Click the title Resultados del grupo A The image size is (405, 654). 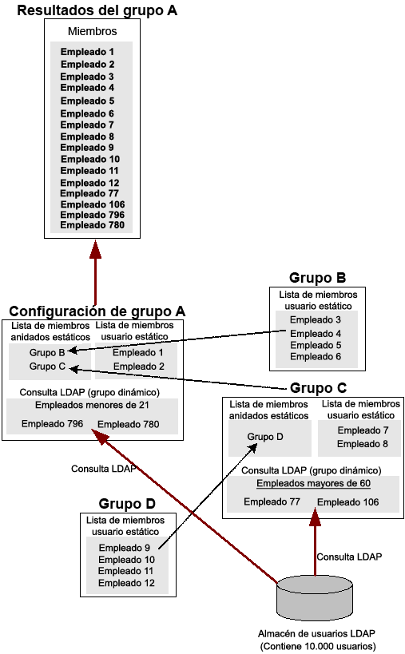(97, 10)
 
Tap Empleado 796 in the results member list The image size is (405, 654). (93, 214)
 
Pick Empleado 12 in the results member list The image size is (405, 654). (89, 183)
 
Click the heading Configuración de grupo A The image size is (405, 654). (97, 311)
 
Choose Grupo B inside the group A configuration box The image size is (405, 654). (46, 352)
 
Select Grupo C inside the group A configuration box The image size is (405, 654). (46, 367)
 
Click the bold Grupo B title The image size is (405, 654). (317, 279)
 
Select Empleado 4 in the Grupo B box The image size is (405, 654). (315, 333)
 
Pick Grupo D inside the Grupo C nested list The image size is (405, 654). (264, 437)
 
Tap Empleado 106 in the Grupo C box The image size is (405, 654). (347, 502)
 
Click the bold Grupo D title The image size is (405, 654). (127, 504)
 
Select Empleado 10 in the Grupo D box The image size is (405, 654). (126, 560)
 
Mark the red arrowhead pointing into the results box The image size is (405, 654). (96, 249)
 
